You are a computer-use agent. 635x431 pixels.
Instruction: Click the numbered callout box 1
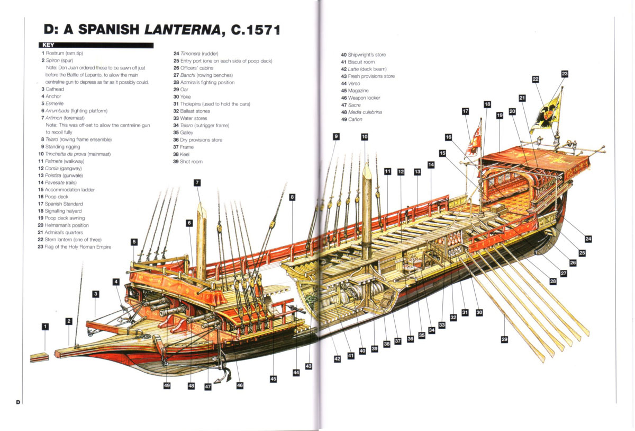click(x=46, y=327)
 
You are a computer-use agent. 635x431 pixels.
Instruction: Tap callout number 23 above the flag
click(x=565, y=74)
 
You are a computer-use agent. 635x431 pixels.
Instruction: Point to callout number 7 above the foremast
click(x=197, y=183)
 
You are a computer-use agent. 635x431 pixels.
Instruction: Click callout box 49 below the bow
click(x=167, y=386)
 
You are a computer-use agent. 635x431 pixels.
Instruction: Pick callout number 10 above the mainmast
click(x=365, y=137)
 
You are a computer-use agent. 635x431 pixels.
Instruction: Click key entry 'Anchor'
click(x=53, y=96)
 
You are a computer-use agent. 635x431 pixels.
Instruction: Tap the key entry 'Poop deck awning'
click(x=64, y=218)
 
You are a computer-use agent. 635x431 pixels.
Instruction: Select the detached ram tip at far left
click(x=39, y=357)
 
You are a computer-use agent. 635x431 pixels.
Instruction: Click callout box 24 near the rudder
click(x=588, y=239)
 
